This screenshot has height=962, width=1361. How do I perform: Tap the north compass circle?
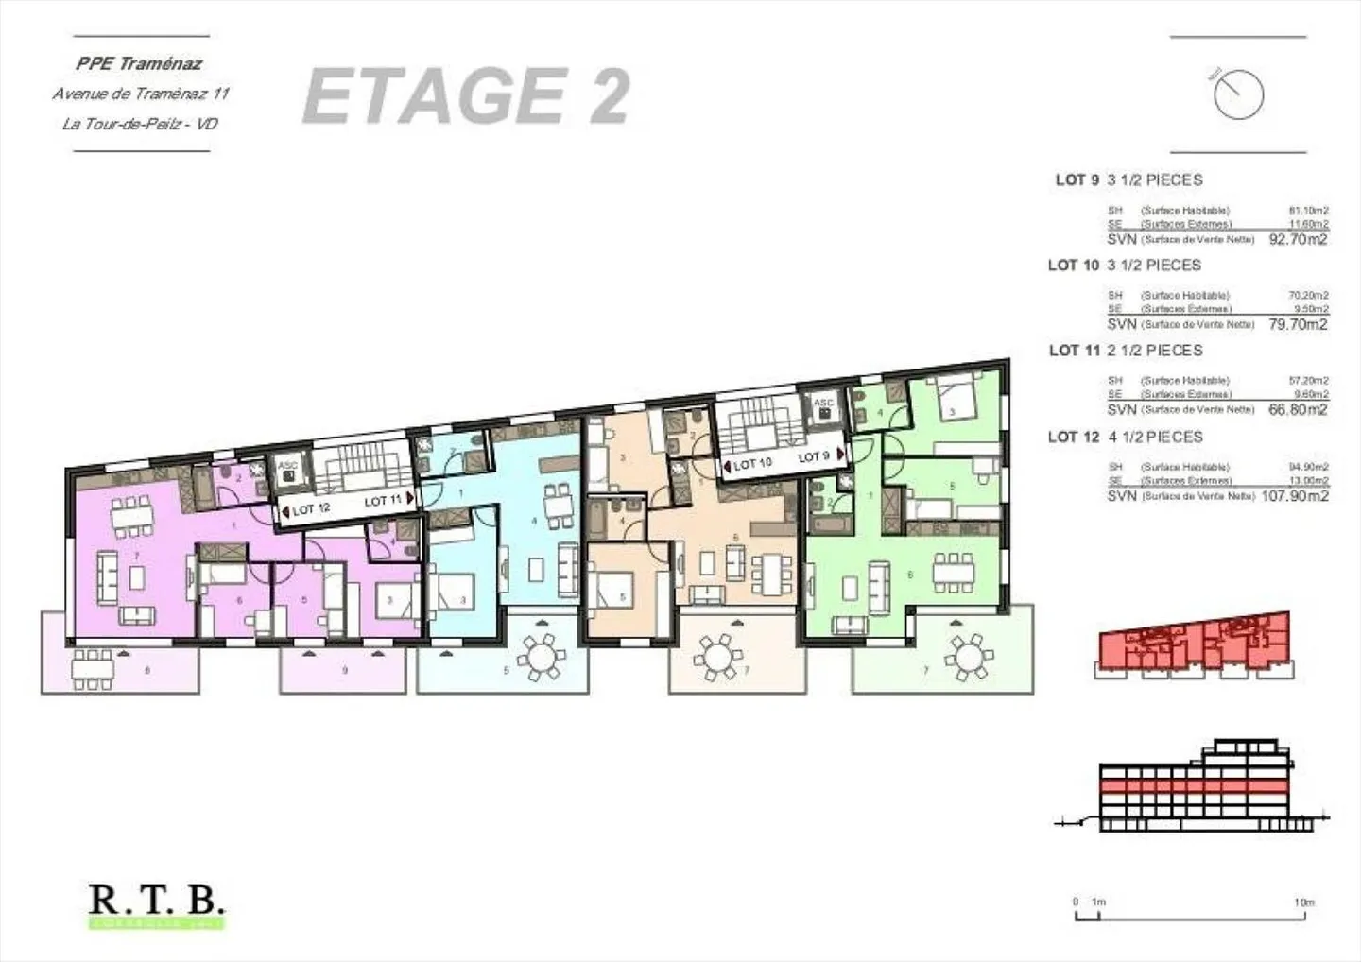click(1238, 94)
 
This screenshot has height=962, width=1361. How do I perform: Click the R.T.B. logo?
click(157, 901)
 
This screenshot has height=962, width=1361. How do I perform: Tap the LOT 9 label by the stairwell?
click(813, 457)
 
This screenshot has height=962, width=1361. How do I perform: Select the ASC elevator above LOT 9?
click(824, 407)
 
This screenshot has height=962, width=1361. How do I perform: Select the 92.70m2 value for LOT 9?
click(1298, 240)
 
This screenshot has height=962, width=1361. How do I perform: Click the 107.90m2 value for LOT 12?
click(1295, 496)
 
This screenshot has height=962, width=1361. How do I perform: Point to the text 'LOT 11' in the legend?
click(1074, 351)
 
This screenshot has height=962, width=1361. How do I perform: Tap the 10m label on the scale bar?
click(1303, 902)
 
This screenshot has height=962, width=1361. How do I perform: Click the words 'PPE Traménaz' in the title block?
click(139, 64)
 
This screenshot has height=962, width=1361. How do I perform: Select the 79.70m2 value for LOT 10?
click(1298, 325)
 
